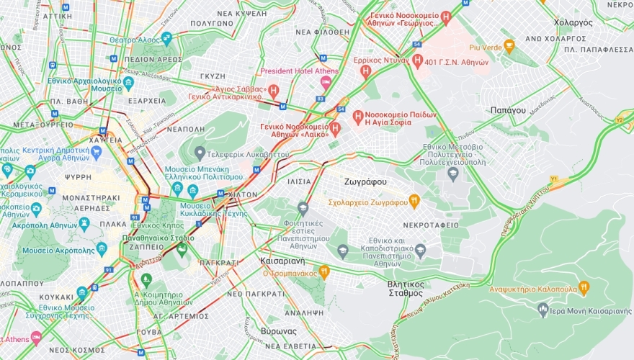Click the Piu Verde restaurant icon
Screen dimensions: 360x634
click(509, 47)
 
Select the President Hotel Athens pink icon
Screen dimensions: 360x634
click(325, 83)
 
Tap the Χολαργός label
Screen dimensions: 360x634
click(573, 23)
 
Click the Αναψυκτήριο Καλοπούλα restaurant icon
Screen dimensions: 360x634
click(584, 287)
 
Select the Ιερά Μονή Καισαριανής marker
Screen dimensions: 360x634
click(544, 309)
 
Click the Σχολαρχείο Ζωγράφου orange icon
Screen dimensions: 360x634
click(414, 202)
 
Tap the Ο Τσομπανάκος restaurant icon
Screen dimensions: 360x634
click(324, 272)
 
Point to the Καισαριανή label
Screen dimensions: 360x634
click(282, 261)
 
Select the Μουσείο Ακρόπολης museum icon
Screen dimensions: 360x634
click(102, 249)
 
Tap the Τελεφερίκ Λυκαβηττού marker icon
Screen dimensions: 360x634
click(200, 153)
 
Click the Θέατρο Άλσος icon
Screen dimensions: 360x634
click(166, 39)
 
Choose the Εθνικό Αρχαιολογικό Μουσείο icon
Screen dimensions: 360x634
click(128, 83)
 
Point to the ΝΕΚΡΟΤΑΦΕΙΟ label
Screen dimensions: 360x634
click(430, 225)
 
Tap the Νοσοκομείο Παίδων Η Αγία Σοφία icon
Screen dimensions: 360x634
click(358, 116)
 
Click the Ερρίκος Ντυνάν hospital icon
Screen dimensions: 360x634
click(366, 71)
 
